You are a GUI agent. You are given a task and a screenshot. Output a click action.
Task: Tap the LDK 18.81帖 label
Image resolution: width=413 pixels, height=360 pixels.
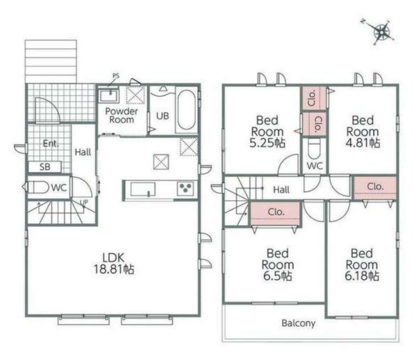pos(114,263)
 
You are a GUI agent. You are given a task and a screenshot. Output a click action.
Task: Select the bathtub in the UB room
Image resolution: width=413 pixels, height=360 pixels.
pos(186,110)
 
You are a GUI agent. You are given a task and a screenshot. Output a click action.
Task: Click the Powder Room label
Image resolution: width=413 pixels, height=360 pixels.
pos(122,115)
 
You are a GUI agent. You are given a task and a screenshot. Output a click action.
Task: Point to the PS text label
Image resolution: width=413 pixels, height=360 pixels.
pos(116,76)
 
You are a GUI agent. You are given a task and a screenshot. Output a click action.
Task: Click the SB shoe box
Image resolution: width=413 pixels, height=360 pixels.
pos(45,167)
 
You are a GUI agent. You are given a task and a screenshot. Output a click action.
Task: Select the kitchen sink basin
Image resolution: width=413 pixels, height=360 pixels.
pos(143,189)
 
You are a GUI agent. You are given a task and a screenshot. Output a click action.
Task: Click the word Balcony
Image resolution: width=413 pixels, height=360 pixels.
pos(298,323)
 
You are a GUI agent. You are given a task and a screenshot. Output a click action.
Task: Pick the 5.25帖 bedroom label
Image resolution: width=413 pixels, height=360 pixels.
pos(267,131)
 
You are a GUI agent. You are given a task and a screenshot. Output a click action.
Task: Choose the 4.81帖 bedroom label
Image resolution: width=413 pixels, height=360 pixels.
pos(363,131)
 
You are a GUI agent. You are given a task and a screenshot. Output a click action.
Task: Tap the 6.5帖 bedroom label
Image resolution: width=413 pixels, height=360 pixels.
pos(278,265)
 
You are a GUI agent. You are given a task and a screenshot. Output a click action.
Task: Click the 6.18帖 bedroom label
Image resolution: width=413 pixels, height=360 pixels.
pos(362,265)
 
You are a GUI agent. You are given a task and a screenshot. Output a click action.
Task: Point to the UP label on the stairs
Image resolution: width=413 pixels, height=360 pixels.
pos(84,202)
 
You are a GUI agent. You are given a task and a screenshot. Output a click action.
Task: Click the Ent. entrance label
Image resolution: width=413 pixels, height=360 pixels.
pos(51,143)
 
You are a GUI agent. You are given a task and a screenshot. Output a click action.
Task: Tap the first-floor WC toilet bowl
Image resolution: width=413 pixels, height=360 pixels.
pos(38,187)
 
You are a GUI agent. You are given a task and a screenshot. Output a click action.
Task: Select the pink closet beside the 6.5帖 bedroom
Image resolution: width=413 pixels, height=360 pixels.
pos(275,213)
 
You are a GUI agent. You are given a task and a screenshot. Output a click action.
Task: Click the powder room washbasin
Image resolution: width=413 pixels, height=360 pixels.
pos(109,96)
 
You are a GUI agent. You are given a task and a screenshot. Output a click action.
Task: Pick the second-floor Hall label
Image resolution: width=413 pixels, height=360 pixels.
pos(281,189)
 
